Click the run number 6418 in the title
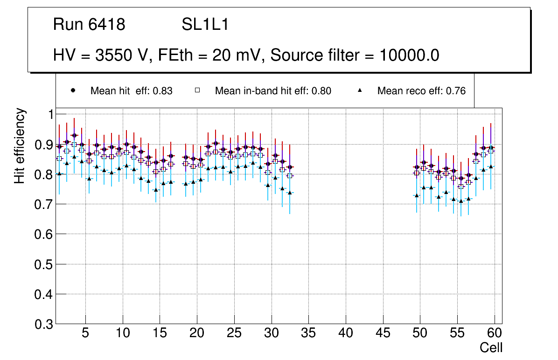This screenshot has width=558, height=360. pos(107,25)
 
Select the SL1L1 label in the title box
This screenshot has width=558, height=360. pos(205,25)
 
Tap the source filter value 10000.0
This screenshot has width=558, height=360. pos(409,55)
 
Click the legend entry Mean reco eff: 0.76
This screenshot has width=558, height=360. pos(421,91)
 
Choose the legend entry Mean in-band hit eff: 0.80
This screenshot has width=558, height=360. pos(273,91)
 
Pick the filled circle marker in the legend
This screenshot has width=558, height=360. pos(73,90)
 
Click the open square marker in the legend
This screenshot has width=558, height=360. pos(198,90)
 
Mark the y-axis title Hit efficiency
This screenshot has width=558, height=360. pos(19,145)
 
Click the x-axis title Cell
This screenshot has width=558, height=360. pos(491,347)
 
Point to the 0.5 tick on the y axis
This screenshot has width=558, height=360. pos(45,264)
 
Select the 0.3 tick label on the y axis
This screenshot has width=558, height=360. pos(45,324)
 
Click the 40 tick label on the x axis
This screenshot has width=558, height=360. pos(346,333)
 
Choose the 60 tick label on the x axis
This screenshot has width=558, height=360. pos(495,333)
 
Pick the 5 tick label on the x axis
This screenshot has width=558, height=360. pos(85,333)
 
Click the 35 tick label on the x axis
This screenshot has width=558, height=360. pos(308,333)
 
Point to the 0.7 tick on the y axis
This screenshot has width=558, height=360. pos(45,204)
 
